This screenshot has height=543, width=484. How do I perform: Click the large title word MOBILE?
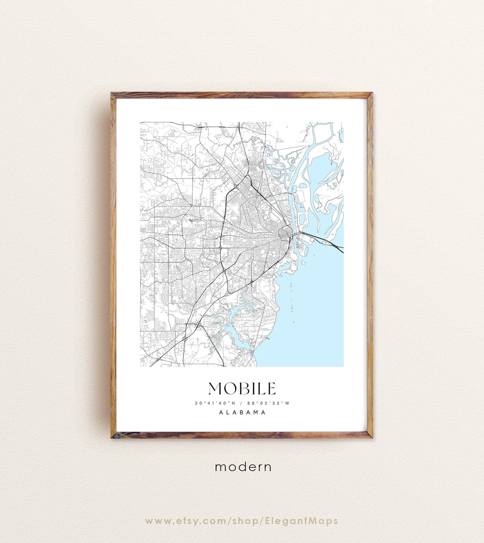pyautogui.click(x=242, y=388)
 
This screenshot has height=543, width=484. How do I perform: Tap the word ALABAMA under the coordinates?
pyautogui.click(x=242, y=413)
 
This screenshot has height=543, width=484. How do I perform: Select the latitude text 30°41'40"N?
pyautogui.click(x=215, y=403)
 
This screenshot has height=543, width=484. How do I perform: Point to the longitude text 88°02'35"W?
pyautogui.click(x=268, y=403)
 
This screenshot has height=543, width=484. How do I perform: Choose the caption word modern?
pyautogui.click(x=243, y=467)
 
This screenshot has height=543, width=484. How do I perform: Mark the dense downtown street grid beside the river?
pyautogui.click(x=285, y=233)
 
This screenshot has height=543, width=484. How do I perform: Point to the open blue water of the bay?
pyautogui.click(x=318, y=305)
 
